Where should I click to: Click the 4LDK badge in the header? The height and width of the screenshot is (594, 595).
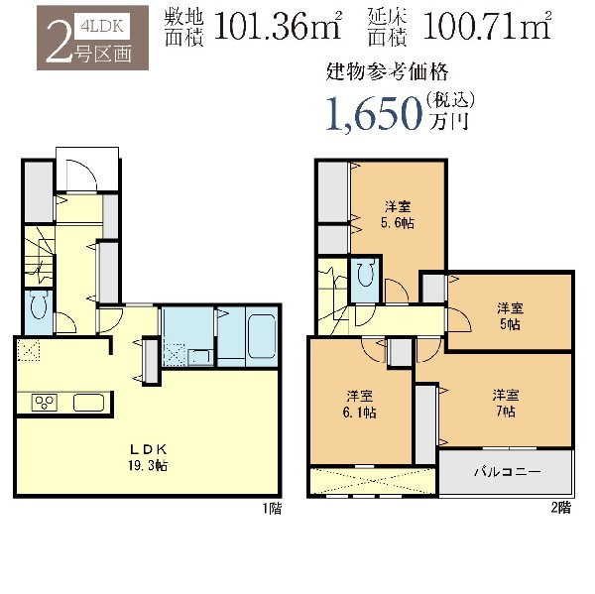pyautogui.click(x=102, y=26)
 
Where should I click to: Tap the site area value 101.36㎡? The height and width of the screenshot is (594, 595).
pyautogui.click(x=278, y=26)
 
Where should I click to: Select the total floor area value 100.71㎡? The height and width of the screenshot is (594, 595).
pyautogui.click(x=487, y=26)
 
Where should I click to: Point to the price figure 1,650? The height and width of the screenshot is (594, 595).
pyautogui.click(x=374, y=113)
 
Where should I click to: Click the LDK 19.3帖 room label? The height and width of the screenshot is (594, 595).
pyautogui.click(x=148, y=457)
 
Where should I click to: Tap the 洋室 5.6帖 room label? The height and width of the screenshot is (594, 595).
pyautogui.click(x=398, y=215)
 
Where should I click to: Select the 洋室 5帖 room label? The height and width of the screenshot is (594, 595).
pyautogui.click(x=510, y=316)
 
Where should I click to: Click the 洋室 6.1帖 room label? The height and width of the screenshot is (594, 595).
pyautogui.click(x=359, y=405)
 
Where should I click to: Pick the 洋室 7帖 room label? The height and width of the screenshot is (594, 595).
pyautogui.click(x=506, y=403)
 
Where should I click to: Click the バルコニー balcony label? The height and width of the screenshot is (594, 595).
pyautogui.click(x=507, y=472)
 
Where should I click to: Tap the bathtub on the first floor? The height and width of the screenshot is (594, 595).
pyautogui.click(x=262, y=336)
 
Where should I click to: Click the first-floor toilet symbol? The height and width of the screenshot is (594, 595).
pyautogui.click(x=38, y=304)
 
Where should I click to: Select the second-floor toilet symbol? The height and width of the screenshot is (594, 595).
pyautogui.click(x=366, y=274)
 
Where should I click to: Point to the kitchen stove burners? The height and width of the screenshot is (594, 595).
pyautogui.click(x=45, y=403)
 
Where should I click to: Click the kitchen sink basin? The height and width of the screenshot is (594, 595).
pyautogui.click(x=89, y=403)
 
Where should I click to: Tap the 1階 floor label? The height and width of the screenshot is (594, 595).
pyautogui.click(x=273, y=509)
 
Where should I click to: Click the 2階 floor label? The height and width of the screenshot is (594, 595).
pyautogui.click(x=561, y=508)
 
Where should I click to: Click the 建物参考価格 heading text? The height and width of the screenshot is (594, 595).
pyautogui.click(x=387, y=72)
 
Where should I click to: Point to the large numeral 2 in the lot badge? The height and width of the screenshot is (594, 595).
pyautogui.click(x=59, y=42)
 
